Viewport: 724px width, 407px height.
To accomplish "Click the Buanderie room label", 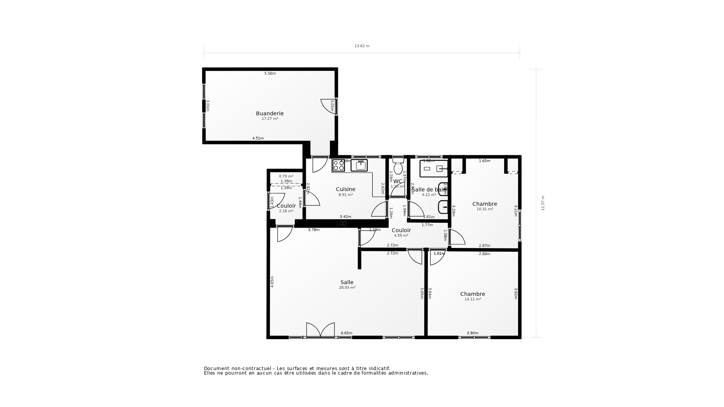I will [x=270, y=113].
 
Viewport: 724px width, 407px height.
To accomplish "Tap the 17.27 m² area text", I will [x=270, y=119].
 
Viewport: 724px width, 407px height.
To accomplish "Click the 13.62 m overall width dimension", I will [x=362, y=46].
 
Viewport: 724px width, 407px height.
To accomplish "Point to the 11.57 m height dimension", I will [x=543, y=203].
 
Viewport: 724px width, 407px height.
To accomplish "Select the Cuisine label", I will [x=345, y=189].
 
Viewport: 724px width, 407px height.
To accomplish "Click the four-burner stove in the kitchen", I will [x=338, y=165].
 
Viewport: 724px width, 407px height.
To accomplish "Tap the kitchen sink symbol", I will [x=359, y=165].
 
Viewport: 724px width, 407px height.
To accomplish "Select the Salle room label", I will [x=347, y=282].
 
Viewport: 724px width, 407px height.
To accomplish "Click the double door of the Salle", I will [x=321, y=330].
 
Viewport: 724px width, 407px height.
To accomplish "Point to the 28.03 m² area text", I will [x=347, y=288].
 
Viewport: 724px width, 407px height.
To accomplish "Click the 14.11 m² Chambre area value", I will [x=472, y=299].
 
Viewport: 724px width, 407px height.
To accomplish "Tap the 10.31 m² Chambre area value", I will [x=485, y=209].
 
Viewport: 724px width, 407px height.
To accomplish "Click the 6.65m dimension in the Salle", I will [x=347, y=333].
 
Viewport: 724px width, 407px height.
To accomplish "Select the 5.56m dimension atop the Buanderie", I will [x=270, y=73].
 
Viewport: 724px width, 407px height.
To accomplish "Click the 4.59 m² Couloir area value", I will [x=401, y=236].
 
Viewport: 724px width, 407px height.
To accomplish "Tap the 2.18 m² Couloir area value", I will [x=286, y=211].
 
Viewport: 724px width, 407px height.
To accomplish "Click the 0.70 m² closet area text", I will [x=286, y=176].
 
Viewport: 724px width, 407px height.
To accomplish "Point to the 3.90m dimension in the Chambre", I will [x=472, y=333].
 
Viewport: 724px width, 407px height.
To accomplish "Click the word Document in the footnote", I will [x=216, y=369].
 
